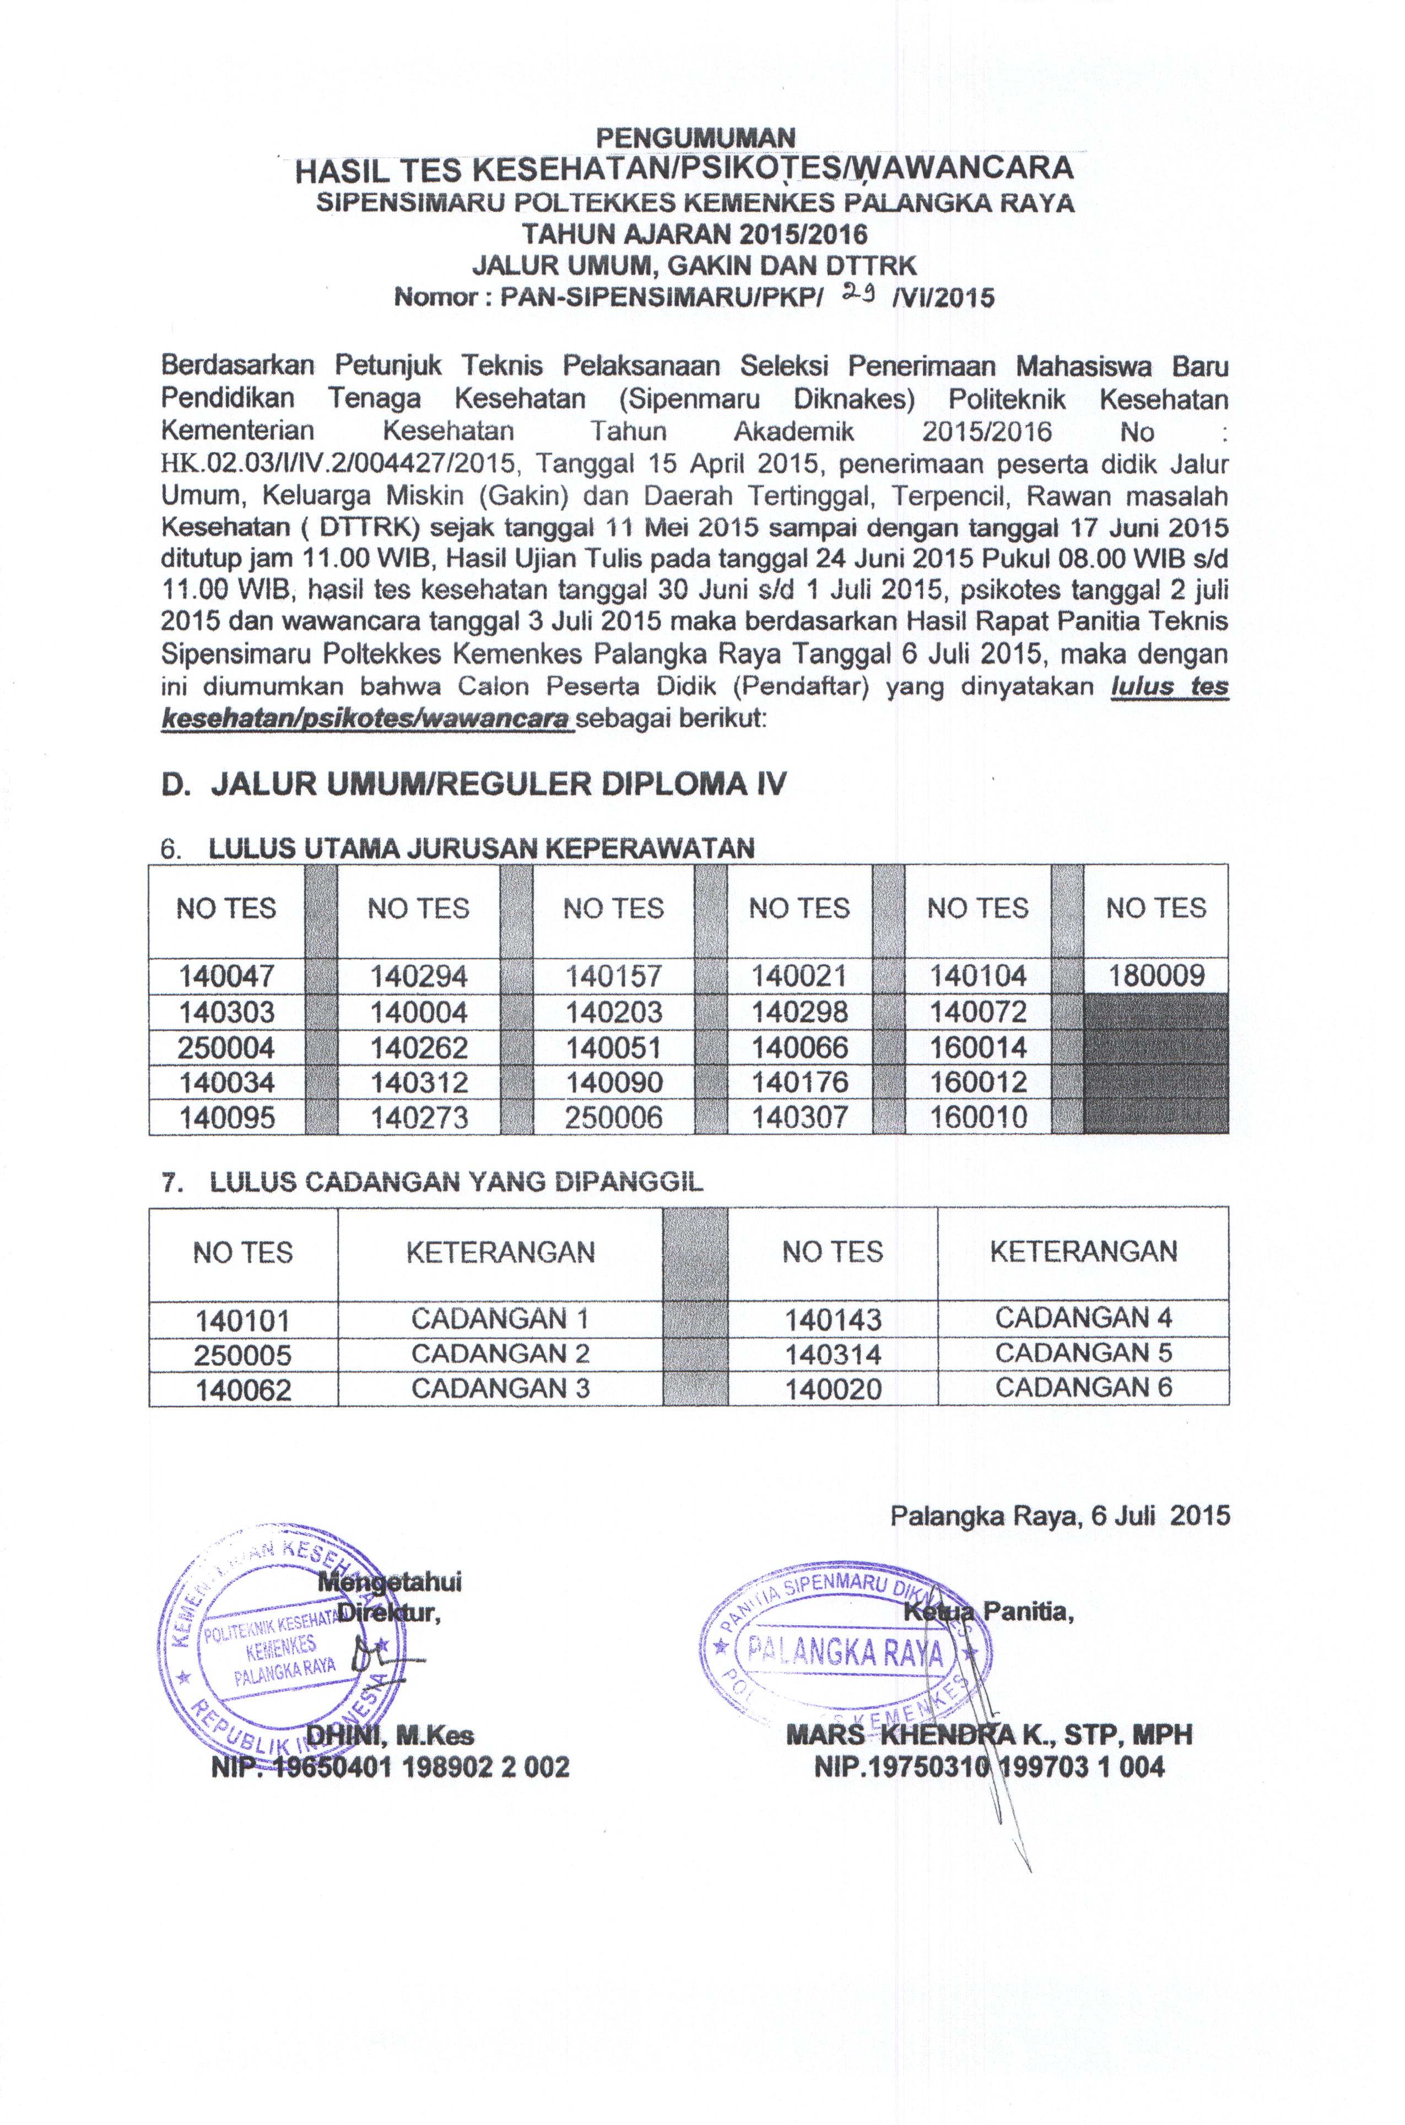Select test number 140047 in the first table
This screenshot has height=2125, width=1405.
point(226,976)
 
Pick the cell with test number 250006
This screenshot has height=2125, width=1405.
point(614,1117)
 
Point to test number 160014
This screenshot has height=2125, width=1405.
point(977,1047)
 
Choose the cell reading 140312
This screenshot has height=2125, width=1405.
point(419,1082)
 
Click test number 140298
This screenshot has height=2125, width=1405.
point(799,1012)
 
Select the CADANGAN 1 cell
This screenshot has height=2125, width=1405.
point(500,1318)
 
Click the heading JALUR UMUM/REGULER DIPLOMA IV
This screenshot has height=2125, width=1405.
point(474,784)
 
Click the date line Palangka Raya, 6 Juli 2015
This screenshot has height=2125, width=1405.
point(1059,1515)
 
